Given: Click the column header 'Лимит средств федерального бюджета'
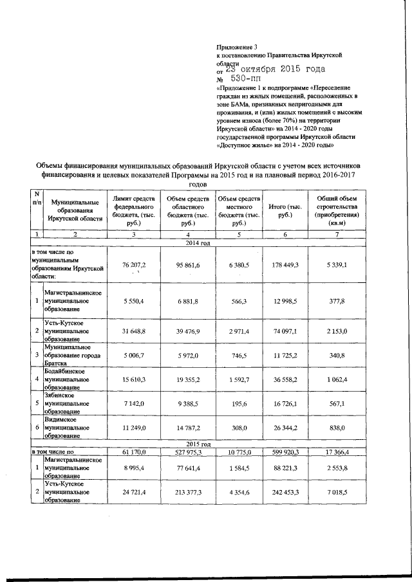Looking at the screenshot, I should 133,210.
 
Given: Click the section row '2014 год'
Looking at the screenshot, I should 198,242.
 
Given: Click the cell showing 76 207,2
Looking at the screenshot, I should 134,265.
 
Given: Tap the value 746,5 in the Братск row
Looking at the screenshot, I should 239,354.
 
